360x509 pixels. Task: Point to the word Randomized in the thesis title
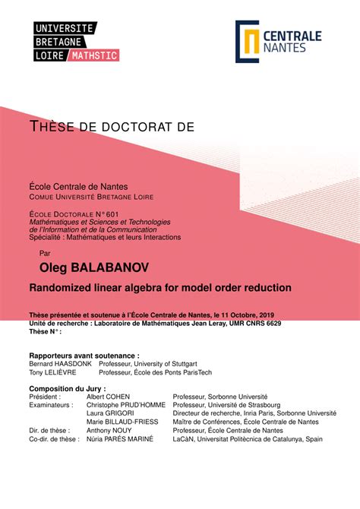(62, 287)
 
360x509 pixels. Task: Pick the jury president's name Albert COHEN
(108, 397)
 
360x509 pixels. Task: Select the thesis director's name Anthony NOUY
(111, 431)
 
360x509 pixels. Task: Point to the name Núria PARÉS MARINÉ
(119, 439)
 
